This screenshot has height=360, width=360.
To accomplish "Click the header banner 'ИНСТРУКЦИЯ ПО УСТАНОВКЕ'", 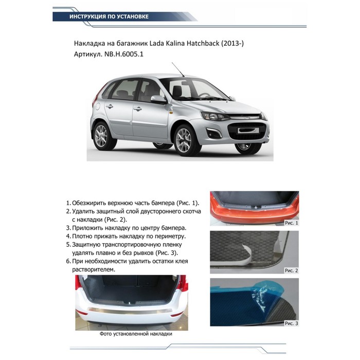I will click(x=109, y=16).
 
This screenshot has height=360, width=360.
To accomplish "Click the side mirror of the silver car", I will click(x=157, y=99).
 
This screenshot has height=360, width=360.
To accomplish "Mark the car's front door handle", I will click(x=138, y=109).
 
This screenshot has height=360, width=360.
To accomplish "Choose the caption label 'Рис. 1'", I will click(x=291, y=223).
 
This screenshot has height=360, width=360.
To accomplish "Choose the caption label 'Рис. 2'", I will click(x=291, y=270).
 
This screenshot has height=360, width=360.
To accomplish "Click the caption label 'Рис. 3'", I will click(x=291, y=323).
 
